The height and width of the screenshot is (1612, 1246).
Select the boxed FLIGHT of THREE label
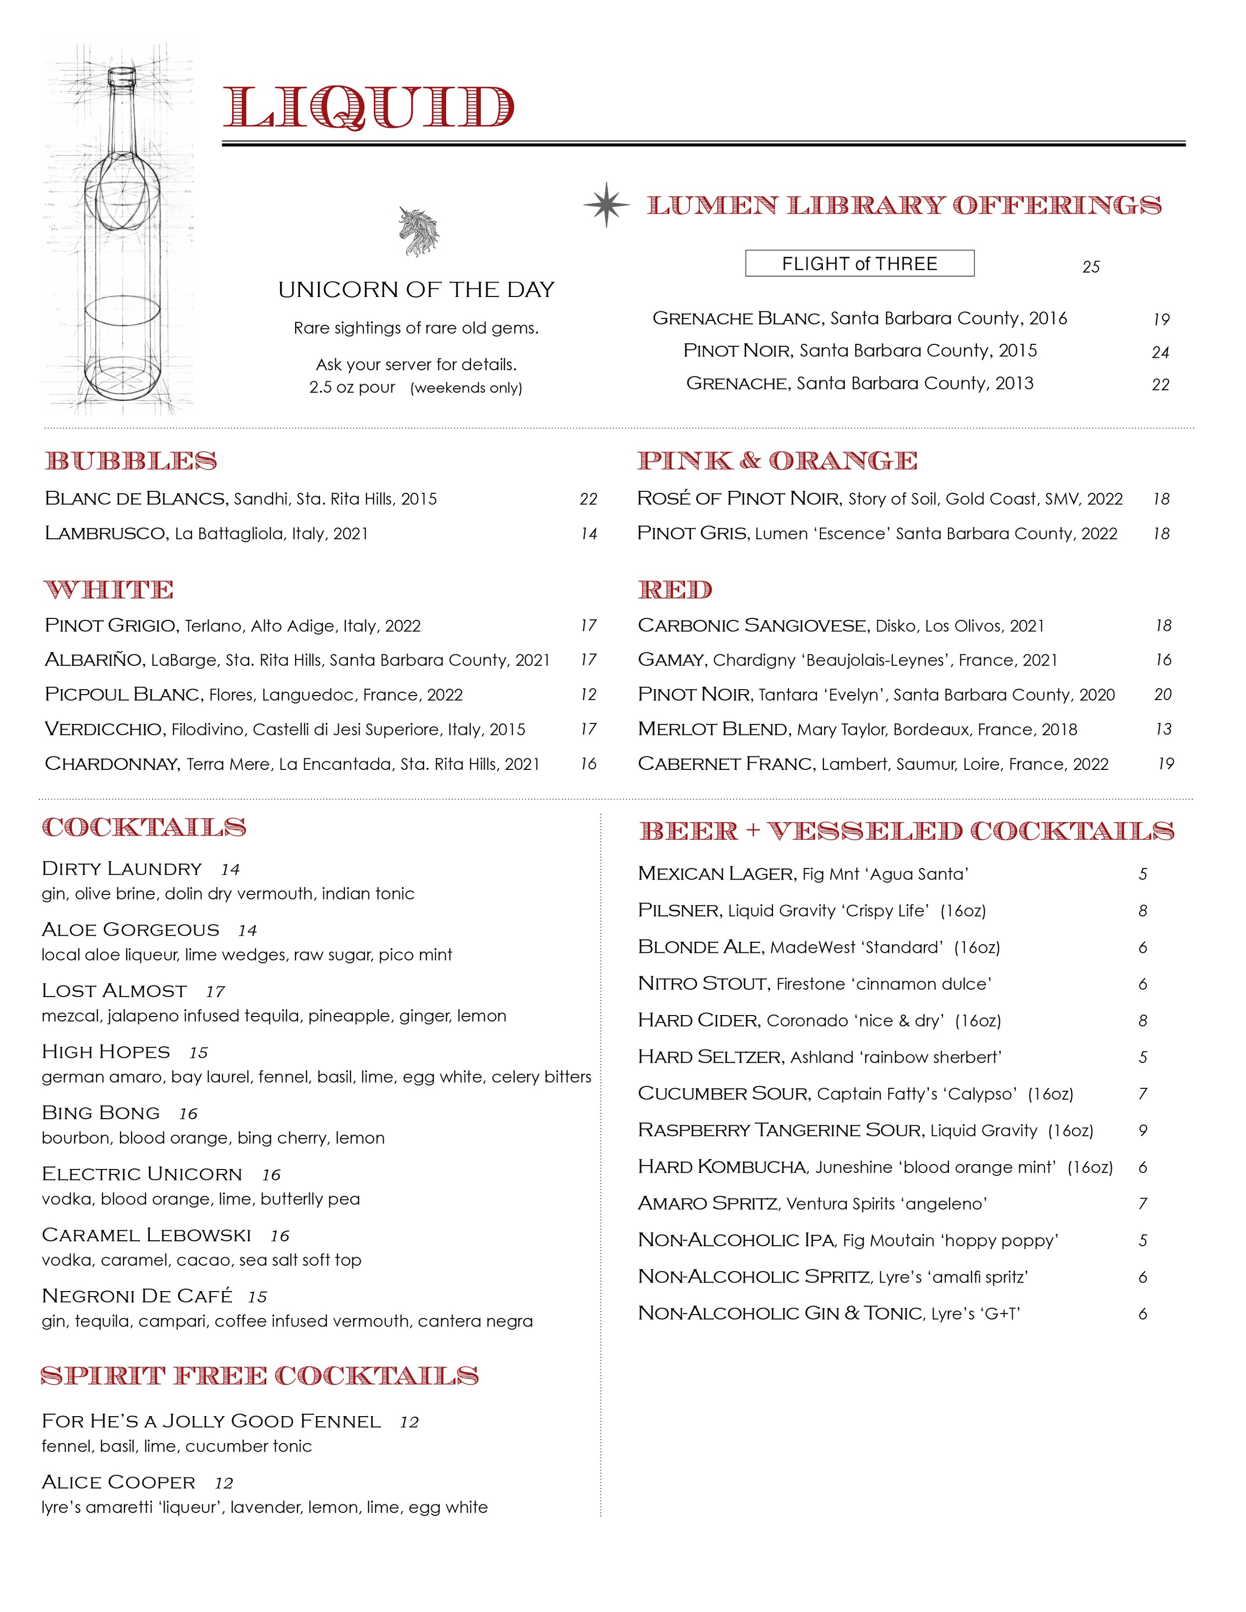click(859, 264)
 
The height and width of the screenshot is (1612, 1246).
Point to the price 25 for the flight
click(1090, 267)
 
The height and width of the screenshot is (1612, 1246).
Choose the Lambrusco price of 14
click(588, 534)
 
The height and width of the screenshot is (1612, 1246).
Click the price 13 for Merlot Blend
click(1163, 729)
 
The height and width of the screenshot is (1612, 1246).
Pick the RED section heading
click(675, 590)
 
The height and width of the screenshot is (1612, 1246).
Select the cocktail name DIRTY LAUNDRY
click(122, 869)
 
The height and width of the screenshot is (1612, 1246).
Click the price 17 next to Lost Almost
click(215, 991)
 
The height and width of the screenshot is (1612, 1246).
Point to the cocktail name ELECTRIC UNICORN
click(142, 1174)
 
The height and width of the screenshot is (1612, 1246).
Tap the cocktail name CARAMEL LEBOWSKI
click(146, 1236)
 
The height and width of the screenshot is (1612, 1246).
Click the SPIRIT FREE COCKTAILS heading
click(259, 1376)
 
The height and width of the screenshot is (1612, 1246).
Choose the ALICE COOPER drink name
click(119, 1483)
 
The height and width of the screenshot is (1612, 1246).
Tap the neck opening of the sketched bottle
click(122, 74)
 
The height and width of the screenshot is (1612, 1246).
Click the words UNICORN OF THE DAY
click(416, 290)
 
